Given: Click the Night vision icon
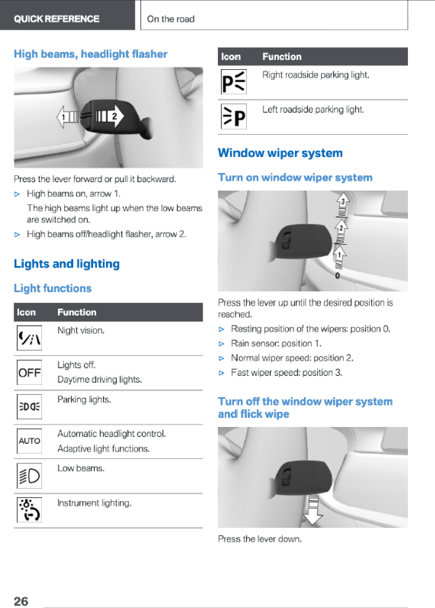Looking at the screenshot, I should [x=29, y=338].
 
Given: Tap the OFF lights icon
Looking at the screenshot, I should [x=29, y=372].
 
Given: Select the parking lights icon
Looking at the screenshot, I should [x=29, y=407].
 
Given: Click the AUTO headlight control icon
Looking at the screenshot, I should [x=29, y=441].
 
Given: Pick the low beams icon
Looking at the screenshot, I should [x=29, y=475].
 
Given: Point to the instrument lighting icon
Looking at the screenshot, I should [x=29, y=510].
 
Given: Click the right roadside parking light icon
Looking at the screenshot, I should [x=234, y=82].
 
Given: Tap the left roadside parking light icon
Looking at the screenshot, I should [x=234, y=116].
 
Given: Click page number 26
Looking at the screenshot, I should [x=21, y=601].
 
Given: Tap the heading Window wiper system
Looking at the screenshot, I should [x=280, y=153].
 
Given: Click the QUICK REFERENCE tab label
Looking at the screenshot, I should [x=56, y=19].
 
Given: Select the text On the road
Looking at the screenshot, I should [x=171, y=19].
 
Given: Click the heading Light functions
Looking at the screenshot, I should [x=53, y=288].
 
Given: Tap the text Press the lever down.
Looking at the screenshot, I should [x=259, y=539].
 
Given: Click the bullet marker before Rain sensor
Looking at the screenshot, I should [x=221, y=344].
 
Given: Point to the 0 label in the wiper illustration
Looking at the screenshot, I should [x=337, y=275].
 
